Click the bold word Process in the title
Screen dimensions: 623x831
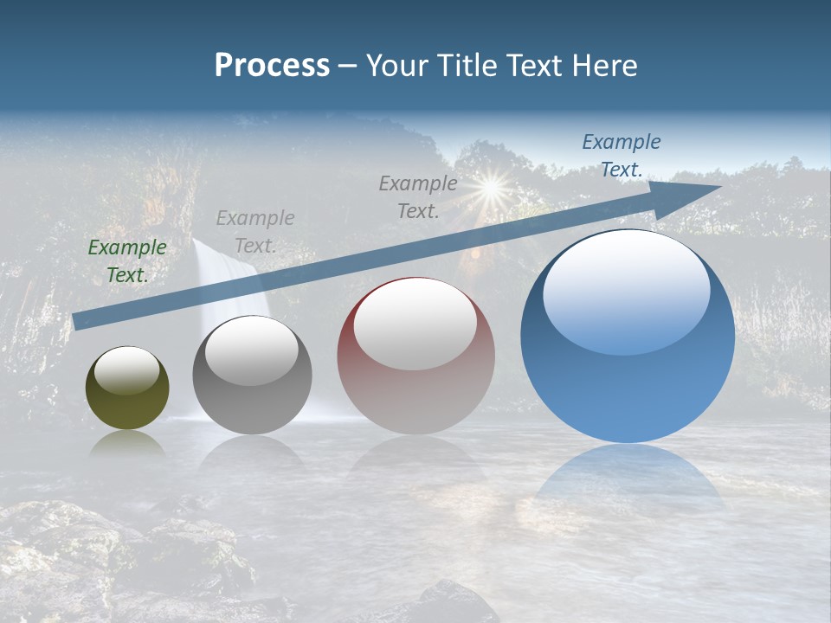(272, 66)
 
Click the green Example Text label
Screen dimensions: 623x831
(127, 260)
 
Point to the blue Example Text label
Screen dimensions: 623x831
(621, 155)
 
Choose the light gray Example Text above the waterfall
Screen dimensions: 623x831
(255, 231)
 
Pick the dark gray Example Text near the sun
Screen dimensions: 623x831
(418, 196)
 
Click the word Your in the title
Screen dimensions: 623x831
(397, 66)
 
